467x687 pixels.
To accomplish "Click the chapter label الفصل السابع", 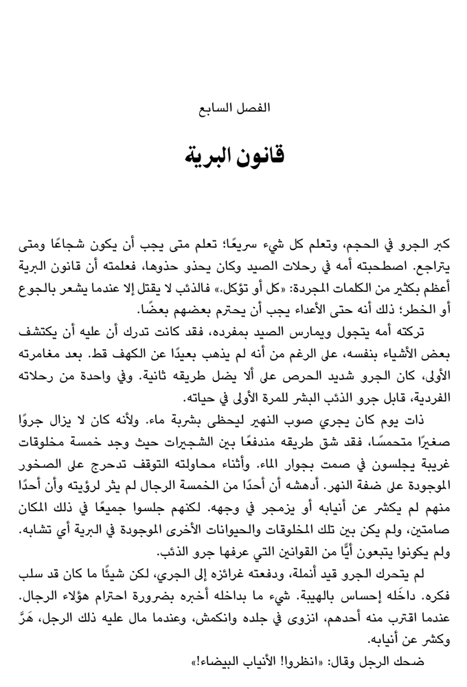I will [x=233, y=107].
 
